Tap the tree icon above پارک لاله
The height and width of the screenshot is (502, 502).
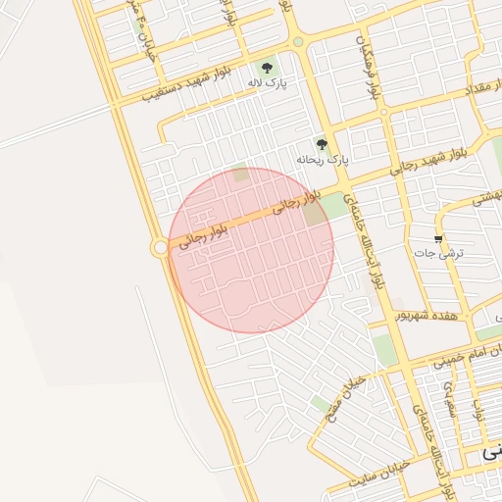coord(267,68)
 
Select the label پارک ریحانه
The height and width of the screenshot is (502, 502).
coord(323,159)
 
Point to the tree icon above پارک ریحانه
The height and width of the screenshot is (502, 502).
coord(322,144)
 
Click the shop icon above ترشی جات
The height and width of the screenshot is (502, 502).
coord(438,238)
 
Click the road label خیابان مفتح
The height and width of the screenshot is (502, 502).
coord(349,391)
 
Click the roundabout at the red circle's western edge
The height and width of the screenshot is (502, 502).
coord(161,249)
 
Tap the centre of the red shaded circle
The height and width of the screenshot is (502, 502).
coord(251,250)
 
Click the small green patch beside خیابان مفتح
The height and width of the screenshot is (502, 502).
coord(321,402)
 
